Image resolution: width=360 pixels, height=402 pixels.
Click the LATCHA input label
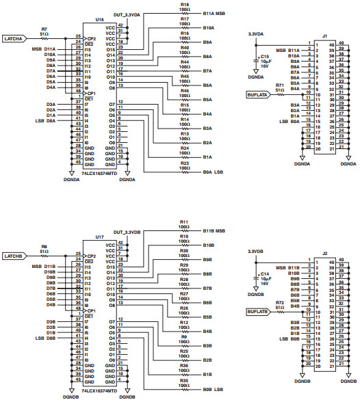(x=18, y=38)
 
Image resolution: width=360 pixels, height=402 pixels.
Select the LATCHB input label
(x=18, y=256)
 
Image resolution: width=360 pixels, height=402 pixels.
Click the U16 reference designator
(x=100, y=21)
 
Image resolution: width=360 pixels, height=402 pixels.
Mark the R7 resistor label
(x=44, y=28)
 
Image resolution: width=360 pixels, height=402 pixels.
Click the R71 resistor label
(x=279, y=84)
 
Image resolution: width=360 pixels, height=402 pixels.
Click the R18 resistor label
(x=185, y=4)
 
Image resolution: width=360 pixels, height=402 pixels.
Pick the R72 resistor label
(x=279, y=301)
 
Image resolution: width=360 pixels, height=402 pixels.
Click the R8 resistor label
(x=44, y=245)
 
